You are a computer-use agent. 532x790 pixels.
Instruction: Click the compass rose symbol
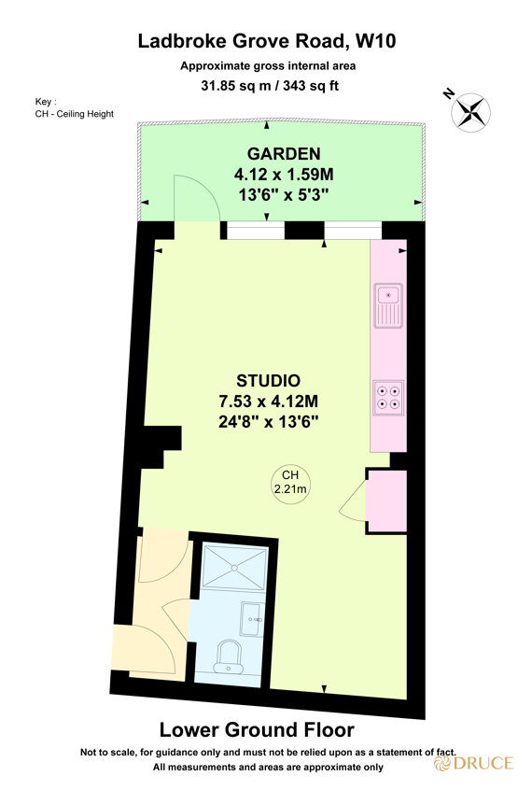[x=469, y=111]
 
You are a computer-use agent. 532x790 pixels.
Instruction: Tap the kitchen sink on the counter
[x=387, y=305]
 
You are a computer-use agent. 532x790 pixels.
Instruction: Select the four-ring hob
[x=387, y=398]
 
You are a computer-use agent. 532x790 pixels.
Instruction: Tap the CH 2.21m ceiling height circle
[x=288, y=482]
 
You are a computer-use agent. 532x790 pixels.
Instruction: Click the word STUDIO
[x=268, y=381]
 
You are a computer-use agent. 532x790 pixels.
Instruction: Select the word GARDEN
[x=284, y=154]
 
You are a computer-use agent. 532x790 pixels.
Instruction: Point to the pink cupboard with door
[x=385, y=502]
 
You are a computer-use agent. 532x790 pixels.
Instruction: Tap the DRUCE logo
[x=473, y=763]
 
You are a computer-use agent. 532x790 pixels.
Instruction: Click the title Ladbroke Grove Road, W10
[x=267, y=40]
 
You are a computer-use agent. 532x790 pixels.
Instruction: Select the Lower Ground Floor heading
[x=257, y=729]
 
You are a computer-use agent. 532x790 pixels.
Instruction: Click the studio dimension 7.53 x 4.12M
[x=268, y=401]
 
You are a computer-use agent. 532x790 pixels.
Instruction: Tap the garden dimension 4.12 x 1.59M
[x=284, y=174]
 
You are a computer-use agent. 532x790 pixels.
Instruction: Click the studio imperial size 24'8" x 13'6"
[x=268, y=421]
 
